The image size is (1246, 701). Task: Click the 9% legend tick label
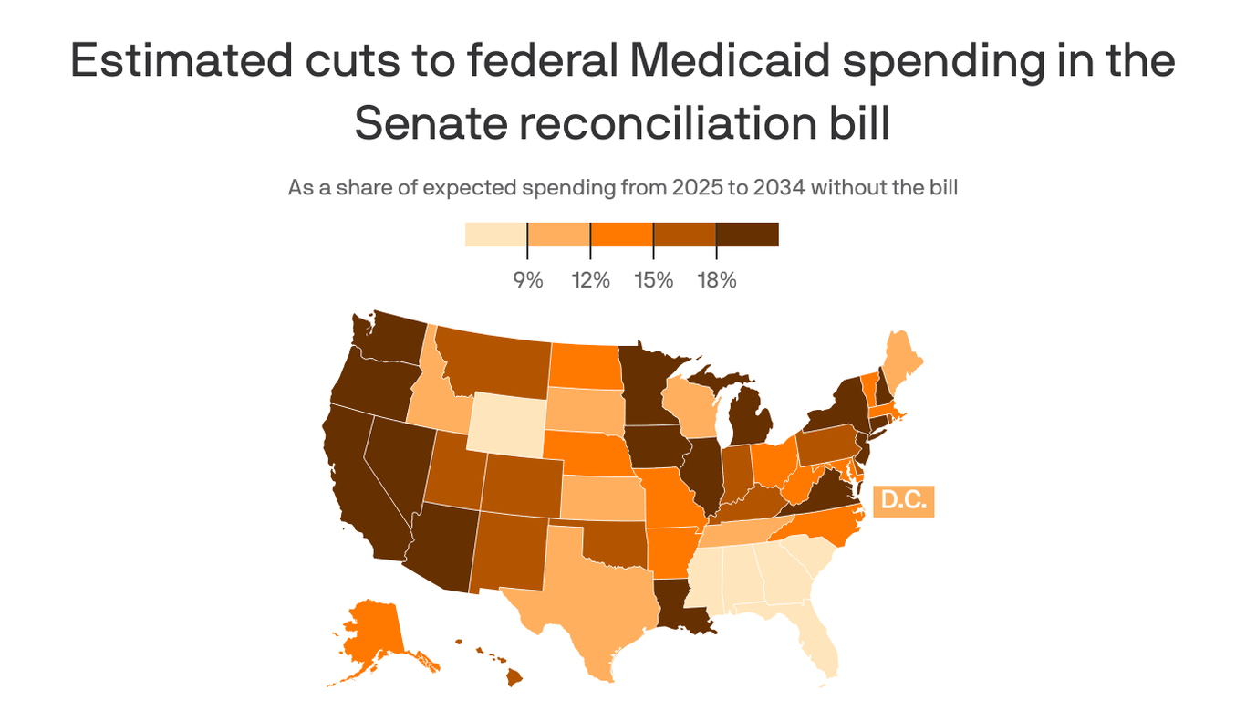(x=527, y=280)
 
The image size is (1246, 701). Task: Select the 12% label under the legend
(x=590, y=280)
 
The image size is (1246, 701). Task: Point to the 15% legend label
(x=653, y=280)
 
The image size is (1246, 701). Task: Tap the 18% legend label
(x=716, y=280)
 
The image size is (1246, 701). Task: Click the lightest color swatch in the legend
(x=495, y=235)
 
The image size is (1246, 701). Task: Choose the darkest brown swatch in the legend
(x=747, y=235)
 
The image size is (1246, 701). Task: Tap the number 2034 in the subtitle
(x=777, y=188)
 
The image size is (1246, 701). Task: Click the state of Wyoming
(x=506, y=423)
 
